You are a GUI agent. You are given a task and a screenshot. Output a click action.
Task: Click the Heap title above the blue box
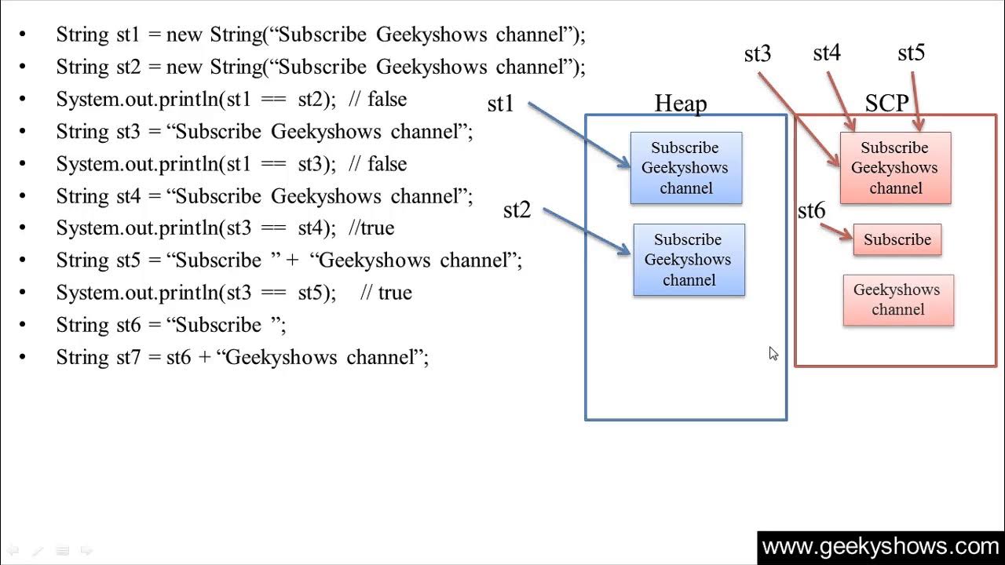point(681,104)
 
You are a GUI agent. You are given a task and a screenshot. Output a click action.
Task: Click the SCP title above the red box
point(887,103)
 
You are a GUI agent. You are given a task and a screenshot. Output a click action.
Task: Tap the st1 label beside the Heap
point(500,104)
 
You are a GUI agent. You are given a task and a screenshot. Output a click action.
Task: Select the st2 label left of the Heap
point(517,210)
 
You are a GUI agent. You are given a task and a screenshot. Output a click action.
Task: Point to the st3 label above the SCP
point(758,54)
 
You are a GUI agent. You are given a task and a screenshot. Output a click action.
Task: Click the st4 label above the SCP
point(827,53)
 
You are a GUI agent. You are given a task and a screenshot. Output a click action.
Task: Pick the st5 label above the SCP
point(912,53)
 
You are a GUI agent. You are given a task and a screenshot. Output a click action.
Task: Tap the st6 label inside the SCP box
point(812,210)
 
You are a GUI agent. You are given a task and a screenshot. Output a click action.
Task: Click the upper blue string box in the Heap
point(686,168)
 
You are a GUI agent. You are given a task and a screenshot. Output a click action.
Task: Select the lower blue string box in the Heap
point(689,260)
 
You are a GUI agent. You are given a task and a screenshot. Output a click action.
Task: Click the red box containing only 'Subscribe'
point(897,239)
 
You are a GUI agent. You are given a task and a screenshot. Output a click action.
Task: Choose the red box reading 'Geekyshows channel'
point(899,300)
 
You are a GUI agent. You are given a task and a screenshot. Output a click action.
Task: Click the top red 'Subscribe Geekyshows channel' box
point(896,168)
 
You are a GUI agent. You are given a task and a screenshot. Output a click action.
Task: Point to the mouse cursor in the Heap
point(773,354)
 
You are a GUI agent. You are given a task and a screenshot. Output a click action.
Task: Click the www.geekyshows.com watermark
point(881,547)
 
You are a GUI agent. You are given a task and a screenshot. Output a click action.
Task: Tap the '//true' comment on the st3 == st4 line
point(371,228)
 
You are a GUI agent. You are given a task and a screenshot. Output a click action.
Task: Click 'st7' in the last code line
point(128,357)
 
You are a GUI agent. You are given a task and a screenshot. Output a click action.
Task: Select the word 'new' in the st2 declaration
point(184,67)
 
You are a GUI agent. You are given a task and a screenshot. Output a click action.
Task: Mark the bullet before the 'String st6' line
point(23,324)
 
